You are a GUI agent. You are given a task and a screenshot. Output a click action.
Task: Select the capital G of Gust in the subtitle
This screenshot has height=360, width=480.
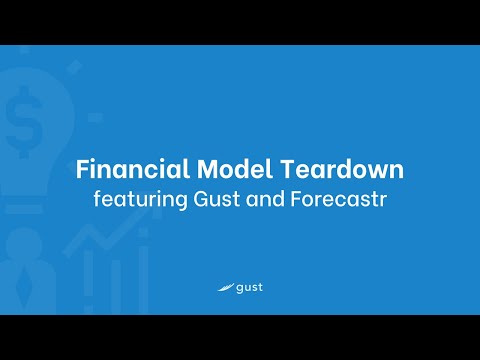(x=193, y=198)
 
